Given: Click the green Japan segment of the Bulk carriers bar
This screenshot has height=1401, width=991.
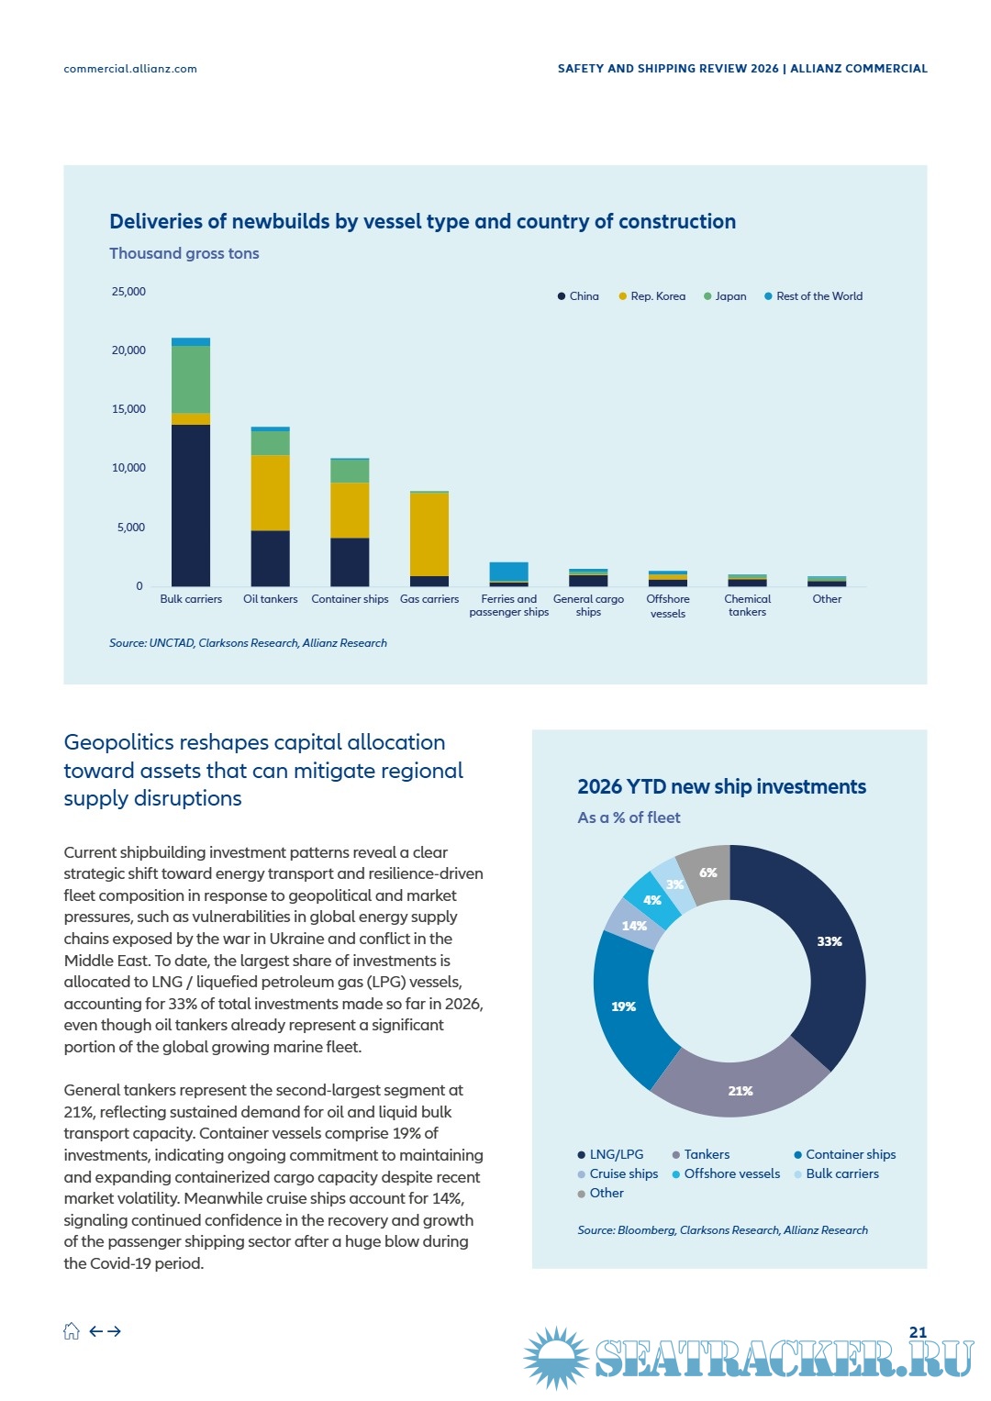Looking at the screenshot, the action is (x=191, y=380).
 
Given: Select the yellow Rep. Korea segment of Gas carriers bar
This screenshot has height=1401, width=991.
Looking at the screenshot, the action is (x=429, y=535).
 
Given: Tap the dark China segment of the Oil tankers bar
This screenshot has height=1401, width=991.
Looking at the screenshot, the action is (x=271, y=559).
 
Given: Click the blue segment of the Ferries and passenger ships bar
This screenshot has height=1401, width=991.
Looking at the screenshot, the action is (x=508, y=572).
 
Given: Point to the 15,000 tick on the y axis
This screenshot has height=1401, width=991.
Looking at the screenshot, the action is (x=128, y=409).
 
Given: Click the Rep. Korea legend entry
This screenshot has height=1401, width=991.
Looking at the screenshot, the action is (x=651, y=296).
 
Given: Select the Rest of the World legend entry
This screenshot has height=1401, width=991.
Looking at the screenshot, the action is (x=813, y=296).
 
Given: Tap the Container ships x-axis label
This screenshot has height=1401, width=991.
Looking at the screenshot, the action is (x=350, y=599).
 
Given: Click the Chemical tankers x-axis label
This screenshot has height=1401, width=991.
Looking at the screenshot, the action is (x=747, y=606).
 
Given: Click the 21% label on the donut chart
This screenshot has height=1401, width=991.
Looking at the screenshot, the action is (x=740, y=1091).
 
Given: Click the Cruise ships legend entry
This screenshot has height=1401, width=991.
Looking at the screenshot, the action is (x=618, y=1174).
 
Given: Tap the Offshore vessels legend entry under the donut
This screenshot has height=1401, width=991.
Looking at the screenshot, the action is (x=726, y=1174).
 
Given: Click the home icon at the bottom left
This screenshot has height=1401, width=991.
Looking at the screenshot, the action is (x=72, y=1331).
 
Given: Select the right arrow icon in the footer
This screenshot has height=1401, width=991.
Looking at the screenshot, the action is (x=114, y=1331).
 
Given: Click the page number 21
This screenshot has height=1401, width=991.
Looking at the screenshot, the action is (x=918, y=1332).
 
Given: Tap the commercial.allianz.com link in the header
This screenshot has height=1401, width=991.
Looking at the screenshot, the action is (x=130, y=69).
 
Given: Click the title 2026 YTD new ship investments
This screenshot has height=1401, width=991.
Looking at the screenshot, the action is (x=721, y=787).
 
